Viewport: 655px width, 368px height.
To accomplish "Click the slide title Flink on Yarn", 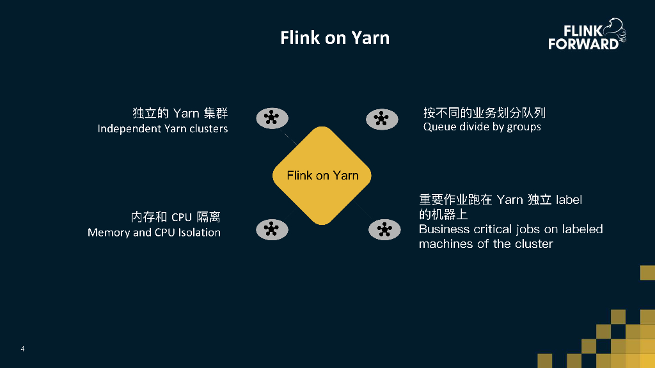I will click(x=335, y=38).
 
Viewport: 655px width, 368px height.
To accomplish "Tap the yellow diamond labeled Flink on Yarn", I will click(x=322, y=175).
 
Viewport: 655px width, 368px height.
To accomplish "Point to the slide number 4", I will click(x=22, y=349).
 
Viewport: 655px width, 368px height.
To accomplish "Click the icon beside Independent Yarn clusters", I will click(x=272, y=118).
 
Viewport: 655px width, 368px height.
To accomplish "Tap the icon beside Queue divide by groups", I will click(x=382, y=119).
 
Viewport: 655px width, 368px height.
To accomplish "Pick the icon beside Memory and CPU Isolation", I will click(x=272, y=229).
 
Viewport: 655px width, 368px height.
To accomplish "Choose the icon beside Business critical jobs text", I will click(x=384, y=230).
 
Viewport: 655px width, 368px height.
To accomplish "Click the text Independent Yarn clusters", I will click(x=162, y=128).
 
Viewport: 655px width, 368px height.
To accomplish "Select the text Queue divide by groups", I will click(x=482, y=126).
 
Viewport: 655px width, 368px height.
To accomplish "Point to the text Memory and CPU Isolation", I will click(x=154, y=233).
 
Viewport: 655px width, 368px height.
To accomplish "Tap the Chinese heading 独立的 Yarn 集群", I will click(x=180, y=114).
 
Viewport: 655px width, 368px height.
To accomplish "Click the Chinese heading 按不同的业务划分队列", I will click(x=484, y=113).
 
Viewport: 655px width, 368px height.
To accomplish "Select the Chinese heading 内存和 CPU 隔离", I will click(x=176, y=217).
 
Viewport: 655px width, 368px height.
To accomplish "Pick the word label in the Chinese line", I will click(x=569, y=199).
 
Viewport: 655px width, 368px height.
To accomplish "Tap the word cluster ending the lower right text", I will click(x=533, y=244).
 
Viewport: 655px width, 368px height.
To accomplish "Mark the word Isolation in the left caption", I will click(x=199, y=233).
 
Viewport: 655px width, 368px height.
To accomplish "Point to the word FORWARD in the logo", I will click(x=583, y=44).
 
